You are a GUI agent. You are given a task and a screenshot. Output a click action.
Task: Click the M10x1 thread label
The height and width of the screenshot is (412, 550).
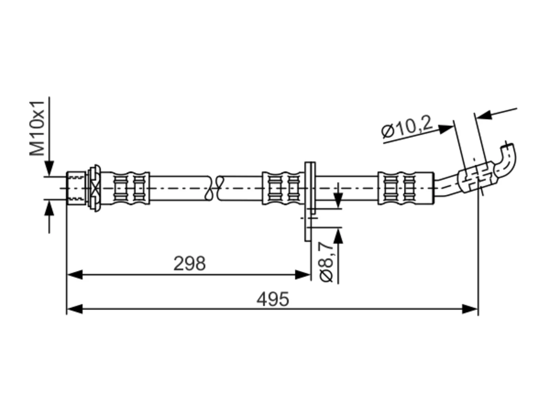tap(37, 129)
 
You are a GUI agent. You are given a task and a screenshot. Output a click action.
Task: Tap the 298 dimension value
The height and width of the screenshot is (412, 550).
tap(189, 264)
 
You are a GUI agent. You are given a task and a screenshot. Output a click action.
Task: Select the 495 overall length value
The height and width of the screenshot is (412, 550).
tap(272, 299)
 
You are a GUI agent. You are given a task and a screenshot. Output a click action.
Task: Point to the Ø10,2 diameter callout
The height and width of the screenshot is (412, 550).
tap(406, 127)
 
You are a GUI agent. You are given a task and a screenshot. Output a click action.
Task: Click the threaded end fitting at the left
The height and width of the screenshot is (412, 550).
tap(76, 188)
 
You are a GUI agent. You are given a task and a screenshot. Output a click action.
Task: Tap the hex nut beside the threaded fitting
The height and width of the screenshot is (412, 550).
tap(94, 188)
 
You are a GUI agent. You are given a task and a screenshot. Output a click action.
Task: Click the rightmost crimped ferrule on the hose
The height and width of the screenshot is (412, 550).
tap(406, 188)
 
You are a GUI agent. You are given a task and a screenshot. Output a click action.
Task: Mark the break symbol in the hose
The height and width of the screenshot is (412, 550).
tap(213, 188)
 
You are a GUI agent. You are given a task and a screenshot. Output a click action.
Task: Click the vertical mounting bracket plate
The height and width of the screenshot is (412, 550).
tap(310, 202)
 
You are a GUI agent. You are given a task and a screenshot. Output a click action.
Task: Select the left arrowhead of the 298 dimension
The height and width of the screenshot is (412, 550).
tap(75, 275)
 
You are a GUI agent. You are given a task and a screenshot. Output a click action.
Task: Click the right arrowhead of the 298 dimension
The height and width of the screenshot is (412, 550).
tap(302, 275)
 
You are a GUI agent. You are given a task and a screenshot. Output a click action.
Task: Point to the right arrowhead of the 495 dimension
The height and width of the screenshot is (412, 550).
tap(470, 309)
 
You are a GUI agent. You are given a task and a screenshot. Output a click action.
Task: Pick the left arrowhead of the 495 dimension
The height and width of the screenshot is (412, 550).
tap(75, 309)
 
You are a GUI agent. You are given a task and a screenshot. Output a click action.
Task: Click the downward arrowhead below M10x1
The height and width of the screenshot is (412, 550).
tap(49, 169)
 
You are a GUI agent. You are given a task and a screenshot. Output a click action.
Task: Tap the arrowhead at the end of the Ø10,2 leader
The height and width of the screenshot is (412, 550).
tap(446, 129)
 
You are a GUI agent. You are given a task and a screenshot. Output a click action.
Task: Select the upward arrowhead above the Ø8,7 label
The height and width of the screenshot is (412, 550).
tap(338, 236)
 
